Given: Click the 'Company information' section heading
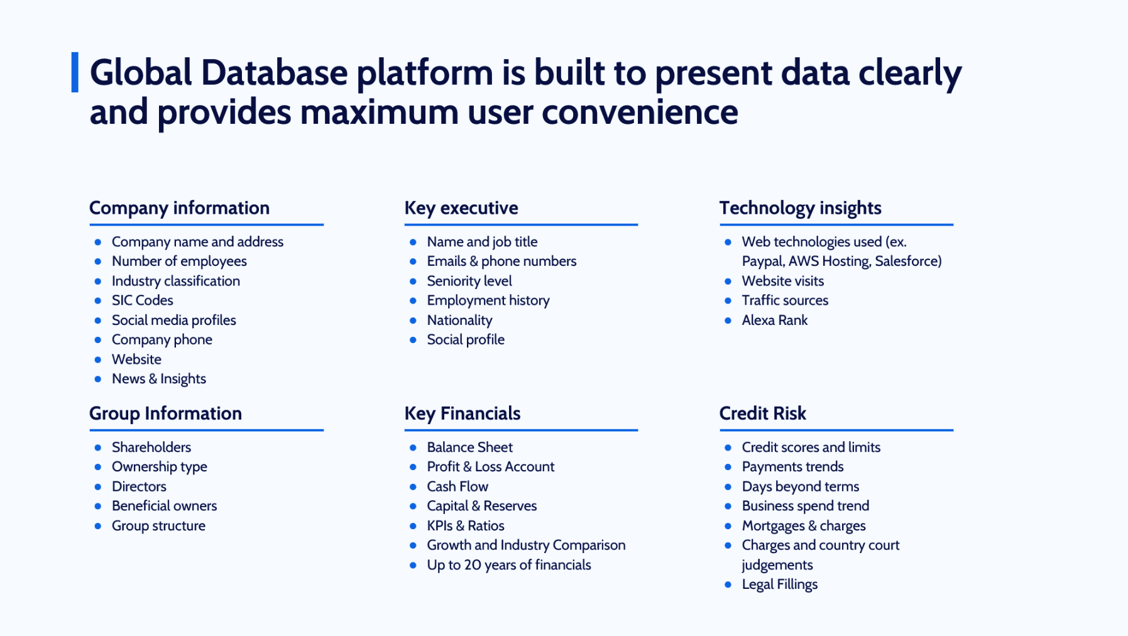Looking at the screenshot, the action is point(179,208).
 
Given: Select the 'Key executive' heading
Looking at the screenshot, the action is point(461,208).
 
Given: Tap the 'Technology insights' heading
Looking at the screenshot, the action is point(800,208).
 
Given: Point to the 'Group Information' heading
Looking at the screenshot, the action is point(165,414).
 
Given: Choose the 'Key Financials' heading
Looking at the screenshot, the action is point(463,414).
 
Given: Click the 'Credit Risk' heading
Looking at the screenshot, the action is point(762,414).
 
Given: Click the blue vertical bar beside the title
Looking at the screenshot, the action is point(75,72).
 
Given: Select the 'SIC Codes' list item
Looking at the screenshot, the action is point(143,300).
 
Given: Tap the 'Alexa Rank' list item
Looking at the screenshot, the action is point(775,320).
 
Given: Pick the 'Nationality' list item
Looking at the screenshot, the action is point(459,321).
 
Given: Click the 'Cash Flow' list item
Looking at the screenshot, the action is point(457,486).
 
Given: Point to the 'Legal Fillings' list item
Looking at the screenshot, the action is point(780,584).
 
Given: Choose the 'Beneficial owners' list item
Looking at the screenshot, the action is point(164,506).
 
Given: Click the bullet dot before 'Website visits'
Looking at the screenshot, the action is point(728,282).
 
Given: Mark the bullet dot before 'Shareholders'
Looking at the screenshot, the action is point(97,447).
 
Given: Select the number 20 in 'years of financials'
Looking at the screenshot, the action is point(473,565).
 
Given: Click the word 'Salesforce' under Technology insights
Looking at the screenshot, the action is point(906,261).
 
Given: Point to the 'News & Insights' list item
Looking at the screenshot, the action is point(159,379).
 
